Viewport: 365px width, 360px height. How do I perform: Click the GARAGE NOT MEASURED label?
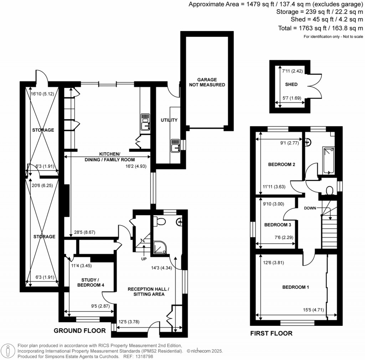(x=207, y=82)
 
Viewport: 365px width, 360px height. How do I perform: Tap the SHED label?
(x=291, y=85)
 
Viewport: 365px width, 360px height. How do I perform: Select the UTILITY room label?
(x=169, y=120)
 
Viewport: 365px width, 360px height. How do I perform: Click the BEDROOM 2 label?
(x=282, y=165)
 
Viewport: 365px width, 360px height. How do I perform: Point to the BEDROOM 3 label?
(x=278, y=225)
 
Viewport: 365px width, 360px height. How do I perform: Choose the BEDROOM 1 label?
(x=295, y=287)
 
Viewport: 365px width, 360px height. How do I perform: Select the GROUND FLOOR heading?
(x=79, y=331)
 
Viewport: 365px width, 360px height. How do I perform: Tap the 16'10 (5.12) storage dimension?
(x=42, y=94)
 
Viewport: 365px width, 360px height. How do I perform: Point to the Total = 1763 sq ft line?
(x=320, y=28)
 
